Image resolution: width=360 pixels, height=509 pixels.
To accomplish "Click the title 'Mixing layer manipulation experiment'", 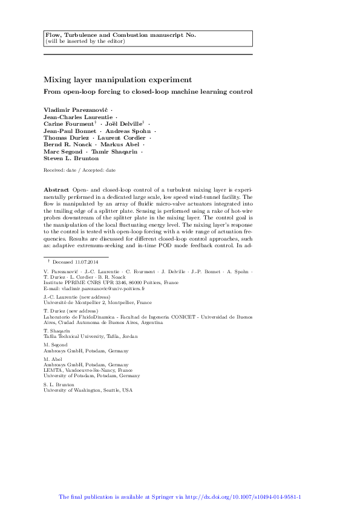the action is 117,79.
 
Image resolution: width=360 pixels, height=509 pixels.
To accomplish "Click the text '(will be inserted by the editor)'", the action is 85,42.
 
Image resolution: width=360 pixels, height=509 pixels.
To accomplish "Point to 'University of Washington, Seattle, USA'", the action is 87,390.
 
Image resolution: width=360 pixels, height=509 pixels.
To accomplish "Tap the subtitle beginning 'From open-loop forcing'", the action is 148,92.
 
